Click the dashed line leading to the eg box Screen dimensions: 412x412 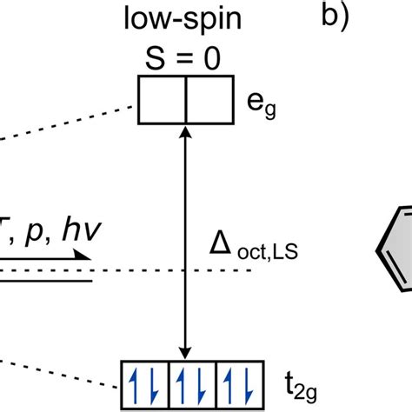click(x=70, y=121)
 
